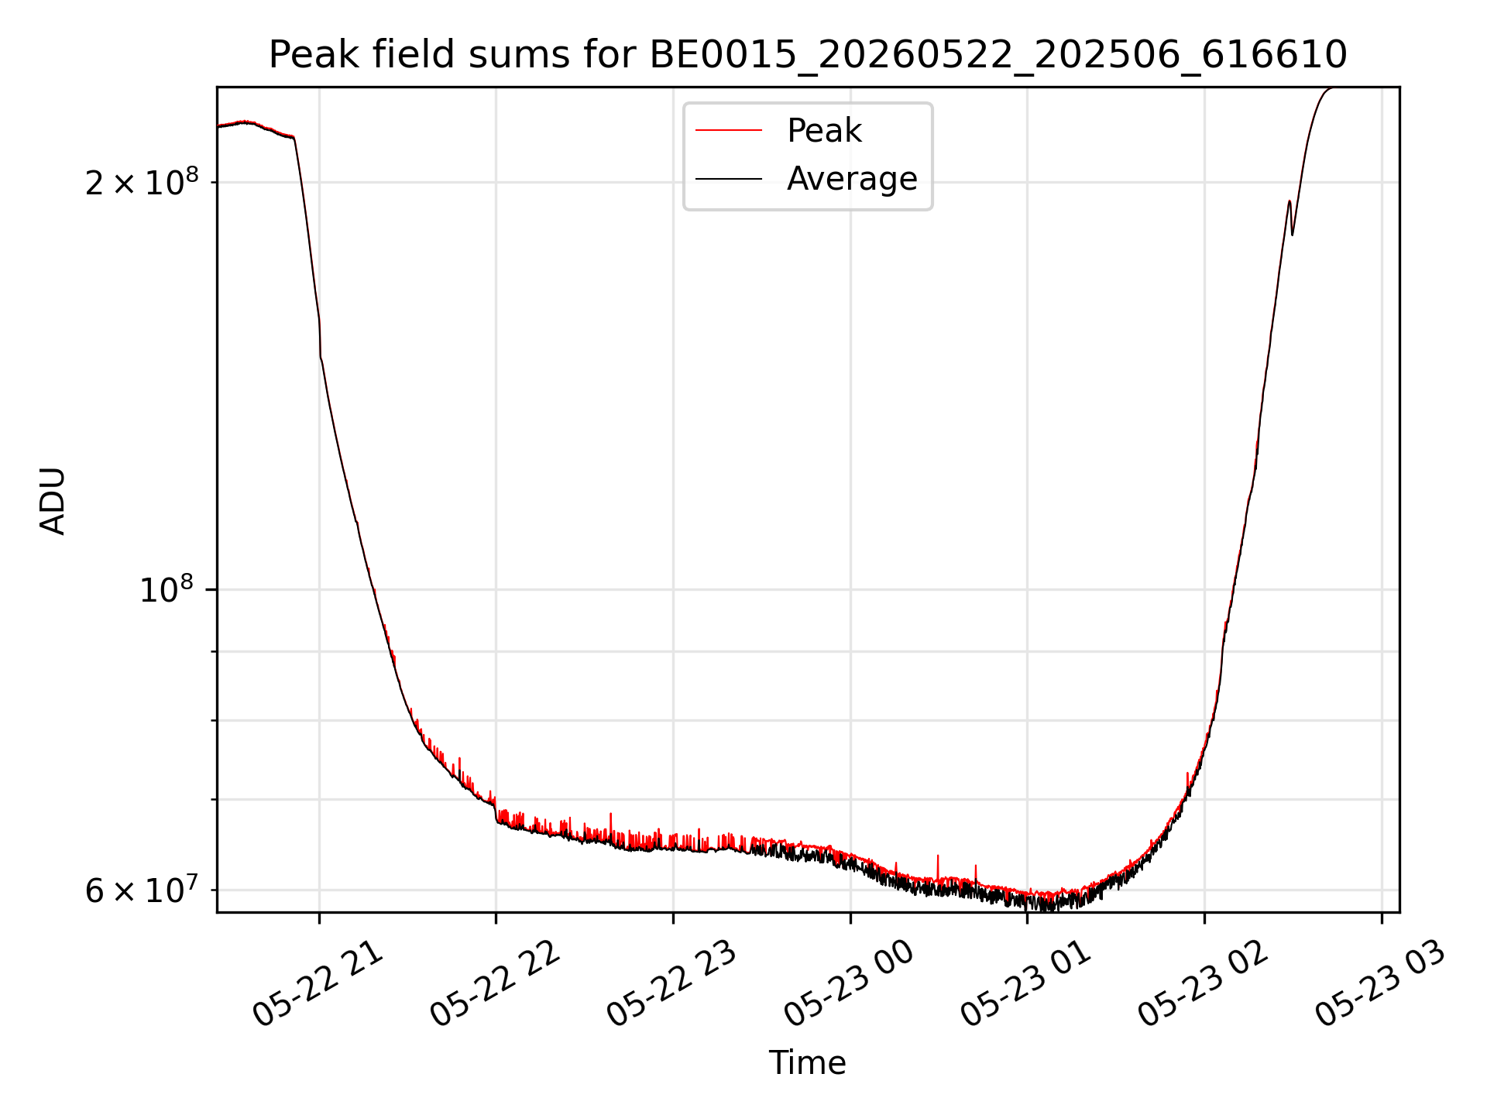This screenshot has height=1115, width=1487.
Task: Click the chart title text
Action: pos(808,55)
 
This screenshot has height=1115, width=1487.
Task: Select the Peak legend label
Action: pos(824,131)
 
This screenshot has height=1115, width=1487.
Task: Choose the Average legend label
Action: pos(852,179)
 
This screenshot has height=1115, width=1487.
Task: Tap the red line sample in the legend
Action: pos(729,131)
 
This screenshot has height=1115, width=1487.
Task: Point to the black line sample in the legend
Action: pos(729,179)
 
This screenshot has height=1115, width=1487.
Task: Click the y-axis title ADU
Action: pos(53,500)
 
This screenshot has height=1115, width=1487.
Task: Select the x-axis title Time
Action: pos(807,1063)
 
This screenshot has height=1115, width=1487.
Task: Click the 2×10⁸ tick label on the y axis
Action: pos(142,182)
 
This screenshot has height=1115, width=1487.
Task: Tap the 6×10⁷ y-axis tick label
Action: pos(142,890)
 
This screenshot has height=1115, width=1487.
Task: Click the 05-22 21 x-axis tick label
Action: pos(318,984)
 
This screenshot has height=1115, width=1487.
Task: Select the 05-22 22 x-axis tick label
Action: pos(495,984)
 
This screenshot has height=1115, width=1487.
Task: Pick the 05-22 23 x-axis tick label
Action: pos(671,984)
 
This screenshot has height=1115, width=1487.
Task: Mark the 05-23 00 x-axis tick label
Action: pos(849,984)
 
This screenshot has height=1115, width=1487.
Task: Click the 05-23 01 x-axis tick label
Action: pos(1025,984)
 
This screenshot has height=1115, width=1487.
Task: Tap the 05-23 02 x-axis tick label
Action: pos(1203,984)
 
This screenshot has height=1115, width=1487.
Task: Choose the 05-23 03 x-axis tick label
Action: pos(1380,984)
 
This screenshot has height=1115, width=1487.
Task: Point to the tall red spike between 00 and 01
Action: pos(938,867)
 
